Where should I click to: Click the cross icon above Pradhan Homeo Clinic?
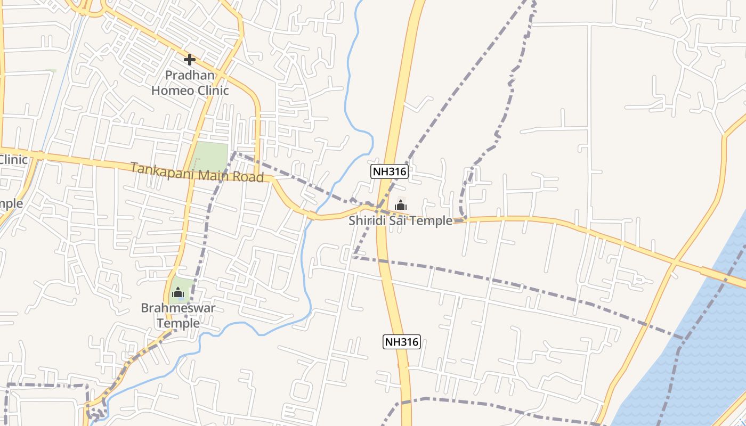(189, 59)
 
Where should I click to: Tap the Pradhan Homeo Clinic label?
(190, 83)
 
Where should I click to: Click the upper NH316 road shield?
(390, 171)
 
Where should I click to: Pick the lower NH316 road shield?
(402, 342)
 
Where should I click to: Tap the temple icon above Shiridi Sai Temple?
(401, 205)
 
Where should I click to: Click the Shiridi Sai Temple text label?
(400, 220)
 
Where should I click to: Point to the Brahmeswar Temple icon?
(178, 292)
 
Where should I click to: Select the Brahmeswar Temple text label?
(178, 316)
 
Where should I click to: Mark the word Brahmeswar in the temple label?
(178, 308)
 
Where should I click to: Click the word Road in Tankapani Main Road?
(250, 176)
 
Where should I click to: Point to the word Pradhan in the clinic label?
(190, 75)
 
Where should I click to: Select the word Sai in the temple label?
(398, 220)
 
